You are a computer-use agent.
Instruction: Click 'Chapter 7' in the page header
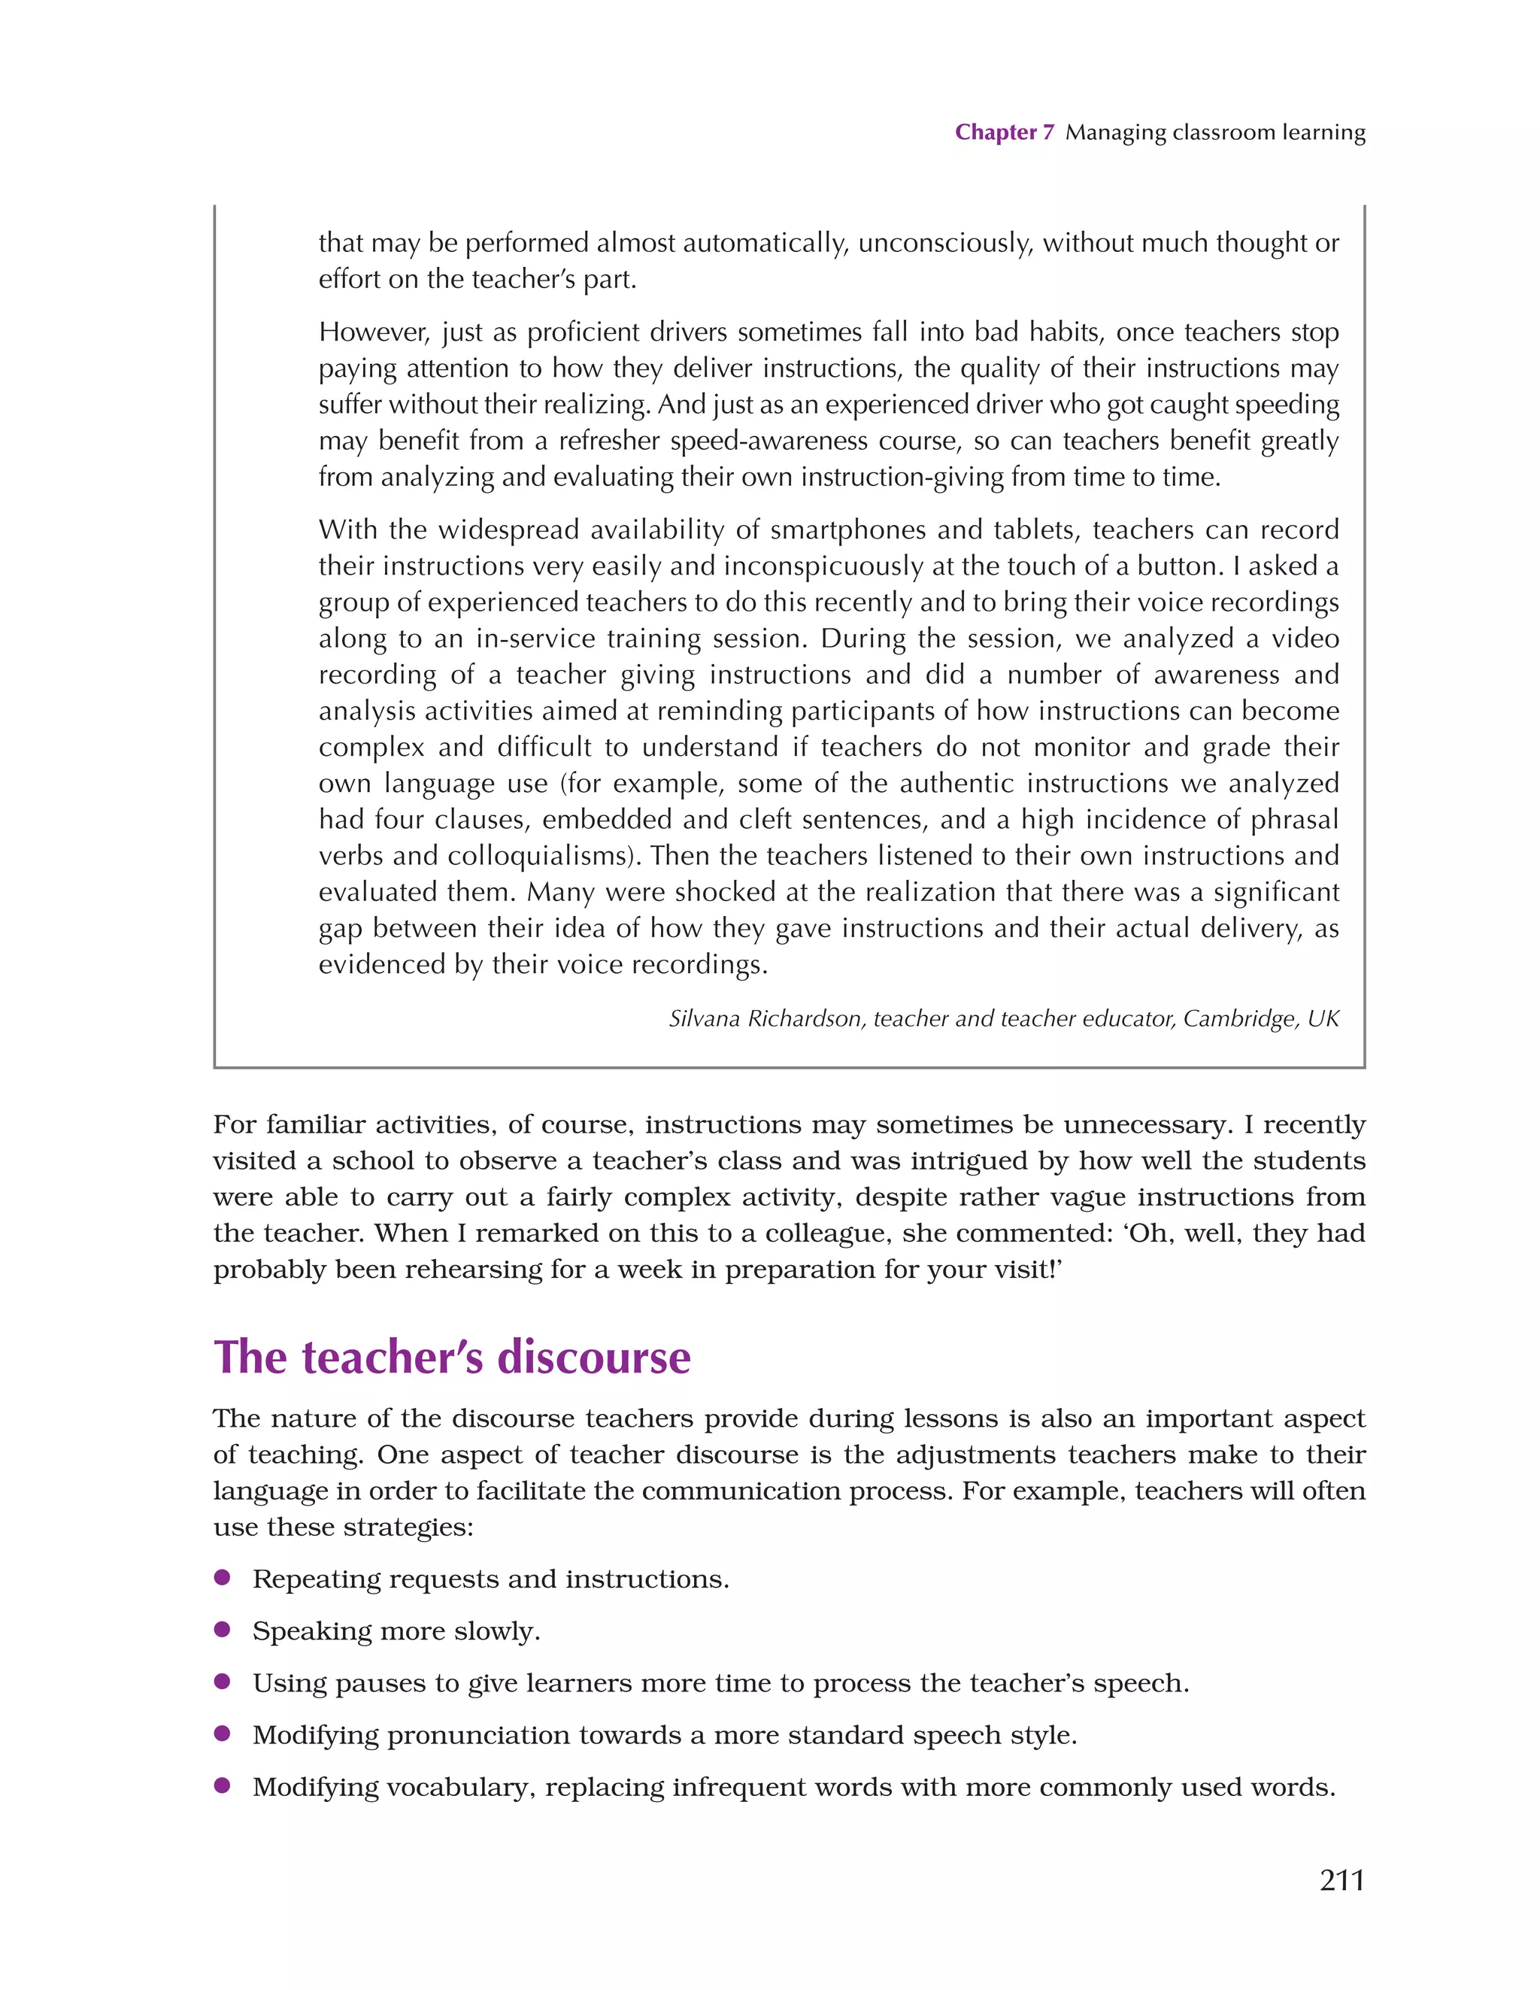coord(1003,132)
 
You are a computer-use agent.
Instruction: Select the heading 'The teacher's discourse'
coord(452,1358)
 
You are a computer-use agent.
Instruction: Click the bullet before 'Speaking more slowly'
coord(221,1630)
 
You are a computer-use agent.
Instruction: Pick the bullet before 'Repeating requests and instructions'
coord(221,1578)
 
